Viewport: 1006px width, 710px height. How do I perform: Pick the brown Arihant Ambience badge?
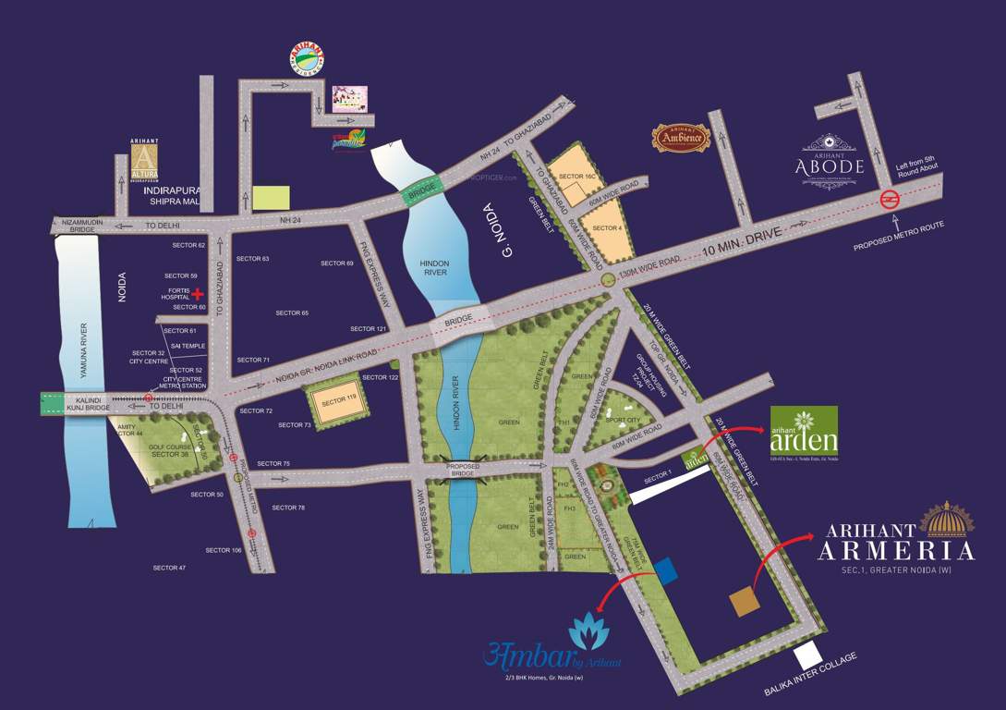click(681, 138)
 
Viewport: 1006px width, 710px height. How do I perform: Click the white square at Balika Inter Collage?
click(807, 655)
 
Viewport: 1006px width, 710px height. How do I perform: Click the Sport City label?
click(623, 420)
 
